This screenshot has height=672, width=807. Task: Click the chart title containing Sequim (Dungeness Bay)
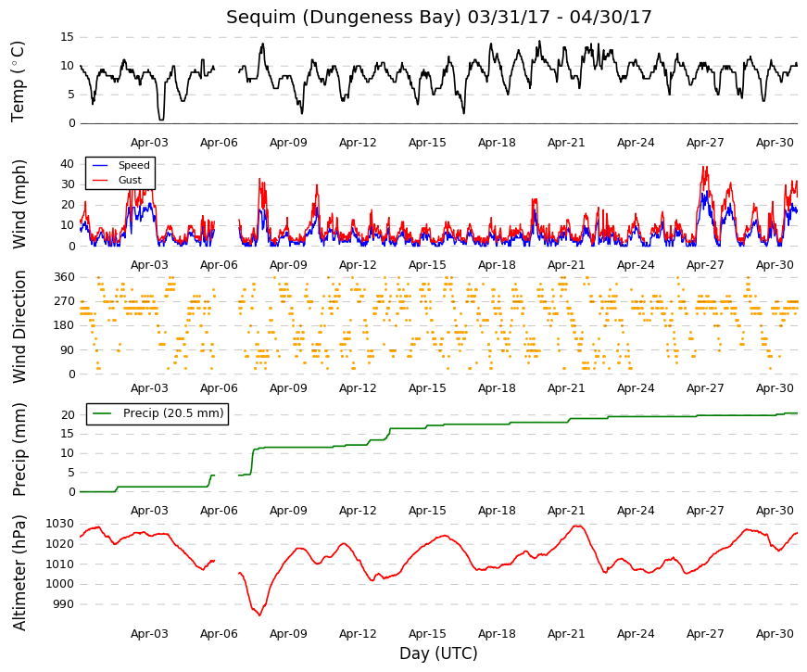tap(438, 17)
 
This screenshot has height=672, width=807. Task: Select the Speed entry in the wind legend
tap(133, 165)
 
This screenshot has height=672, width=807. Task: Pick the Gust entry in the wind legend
tap(130, 180)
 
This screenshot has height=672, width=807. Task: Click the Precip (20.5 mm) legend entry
tap(173, 413)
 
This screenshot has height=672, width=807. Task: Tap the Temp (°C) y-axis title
tap(18, 82)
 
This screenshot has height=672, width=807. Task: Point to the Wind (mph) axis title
tap(19, 205)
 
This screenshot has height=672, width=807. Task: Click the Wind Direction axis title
tap(19, 326)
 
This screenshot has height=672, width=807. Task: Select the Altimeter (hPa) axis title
tap(19, 573)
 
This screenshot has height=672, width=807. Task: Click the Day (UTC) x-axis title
tap(438, 653)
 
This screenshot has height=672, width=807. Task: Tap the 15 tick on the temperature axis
tap(68, 37)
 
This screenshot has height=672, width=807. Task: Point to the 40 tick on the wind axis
tap(68, 164)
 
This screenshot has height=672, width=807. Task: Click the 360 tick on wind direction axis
tap(64, 277)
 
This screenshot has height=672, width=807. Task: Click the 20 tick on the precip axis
tap(68, 415)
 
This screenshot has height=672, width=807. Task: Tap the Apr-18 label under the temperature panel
tap(497, 143)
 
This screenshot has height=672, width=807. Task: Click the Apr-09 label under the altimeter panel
tap(288, 634)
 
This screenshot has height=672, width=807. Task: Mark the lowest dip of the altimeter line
tap(259, 615)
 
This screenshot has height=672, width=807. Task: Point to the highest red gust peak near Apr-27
tap(704, 167)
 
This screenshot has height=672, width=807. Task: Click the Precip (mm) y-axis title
tap(19, 450)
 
